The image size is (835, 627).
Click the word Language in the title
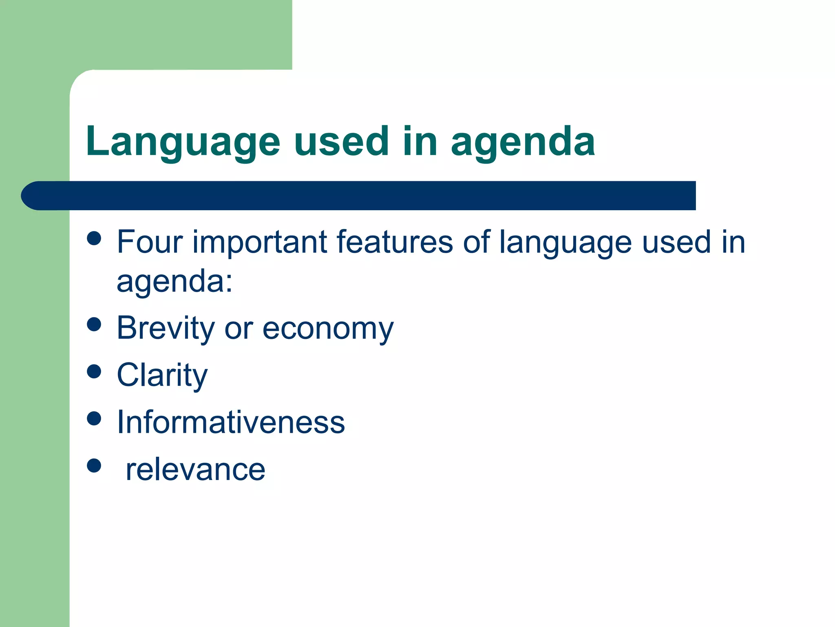click(x=183, y=142)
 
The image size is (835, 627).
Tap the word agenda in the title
click(x=523, y=142)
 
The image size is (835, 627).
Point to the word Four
click(x=150, y=242)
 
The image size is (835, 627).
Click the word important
click(x=260, y=243)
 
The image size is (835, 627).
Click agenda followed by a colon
click(x=175, y=282)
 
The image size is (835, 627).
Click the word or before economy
click(x=239, y=329)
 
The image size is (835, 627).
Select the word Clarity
click(x=162, y=376)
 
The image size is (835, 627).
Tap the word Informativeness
click(x=231, y=422)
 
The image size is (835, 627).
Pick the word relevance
click(x=195, y=470)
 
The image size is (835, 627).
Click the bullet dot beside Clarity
click(x=94, y=371)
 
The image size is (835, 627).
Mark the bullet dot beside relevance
click(x=94, y=465)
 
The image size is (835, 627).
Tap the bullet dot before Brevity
click(x=94, y=325)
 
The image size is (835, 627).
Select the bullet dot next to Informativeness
click(x=94, y=418)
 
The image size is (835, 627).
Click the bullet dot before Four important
click(x=94, y=238)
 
